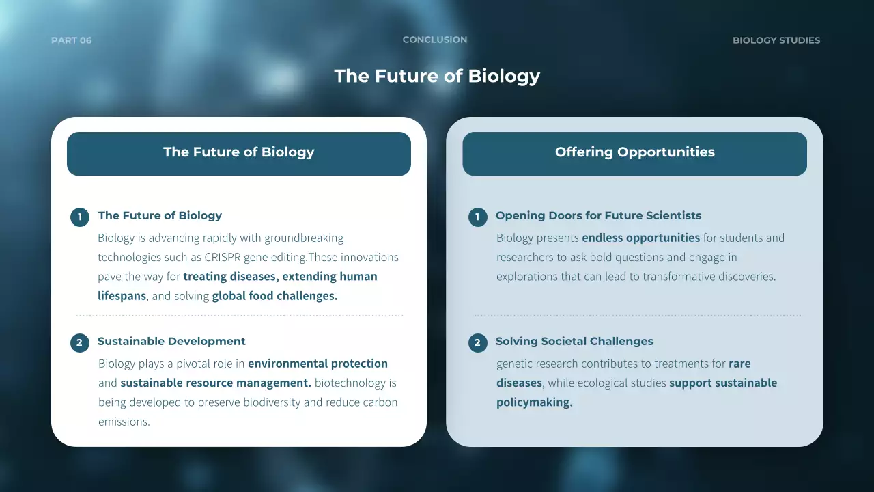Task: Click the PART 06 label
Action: click(71, 40)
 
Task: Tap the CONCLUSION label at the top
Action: click(435, 40)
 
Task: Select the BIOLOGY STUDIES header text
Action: click(776, 40)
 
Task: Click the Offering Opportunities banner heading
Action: click(634, 152)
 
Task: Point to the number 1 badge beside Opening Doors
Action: click(477, 217)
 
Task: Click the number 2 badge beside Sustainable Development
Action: click(79, 342)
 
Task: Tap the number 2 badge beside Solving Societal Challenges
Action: click(477, 342)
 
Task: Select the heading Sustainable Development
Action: click(171, 341)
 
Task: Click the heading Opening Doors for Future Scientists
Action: click(598, 215)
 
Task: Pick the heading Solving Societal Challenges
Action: click(574, 341)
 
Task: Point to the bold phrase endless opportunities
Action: click(640, 238)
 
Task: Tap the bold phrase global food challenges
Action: click(274, 296)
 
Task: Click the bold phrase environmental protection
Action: click(318, 364)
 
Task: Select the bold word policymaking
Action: click(534, 402)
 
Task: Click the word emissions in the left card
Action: click(124, 422)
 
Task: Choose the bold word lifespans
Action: click(122, 296)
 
